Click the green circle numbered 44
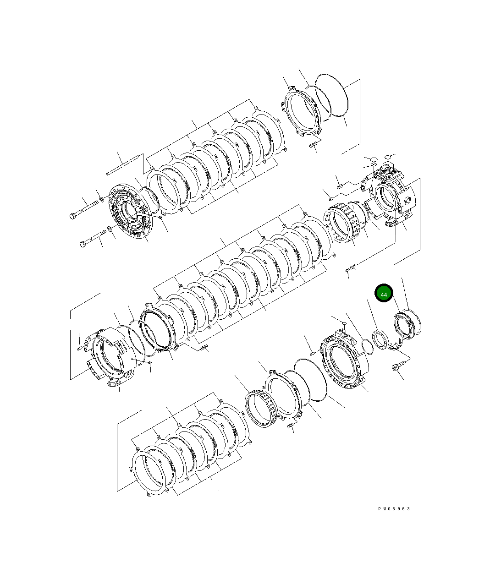pos(384,294)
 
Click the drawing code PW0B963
pos(394,508)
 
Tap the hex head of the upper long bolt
pos(73,215)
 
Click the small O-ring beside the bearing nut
pos(366,347)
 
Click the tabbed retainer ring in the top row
pos(301,113)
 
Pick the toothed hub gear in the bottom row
pos(262,408)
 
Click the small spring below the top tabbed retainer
pos(314,146)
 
